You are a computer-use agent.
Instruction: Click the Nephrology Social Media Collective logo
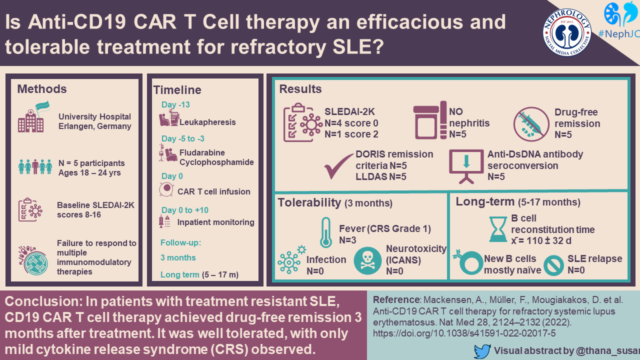click(567, 32)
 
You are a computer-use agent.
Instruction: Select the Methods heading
click(42, 89)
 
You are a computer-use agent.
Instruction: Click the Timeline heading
click(177, 90)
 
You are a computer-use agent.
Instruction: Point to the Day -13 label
click(175, 105)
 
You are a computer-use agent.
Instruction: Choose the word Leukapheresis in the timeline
click(207, 121)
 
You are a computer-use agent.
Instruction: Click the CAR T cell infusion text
click(214, 191)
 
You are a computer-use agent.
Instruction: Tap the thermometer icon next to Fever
click(326, 232)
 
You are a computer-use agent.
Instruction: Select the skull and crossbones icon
click(367, 260)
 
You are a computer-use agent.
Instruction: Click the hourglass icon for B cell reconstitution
click(497, 229)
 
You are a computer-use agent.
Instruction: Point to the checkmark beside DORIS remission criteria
click(339, 166)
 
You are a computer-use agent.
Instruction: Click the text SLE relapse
click(595, 259)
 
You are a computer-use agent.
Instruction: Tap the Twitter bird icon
click(482, 351)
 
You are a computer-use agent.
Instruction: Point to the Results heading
click(300, 89)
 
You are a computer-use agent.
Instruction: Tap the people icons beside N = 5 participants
click(35, 166)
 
